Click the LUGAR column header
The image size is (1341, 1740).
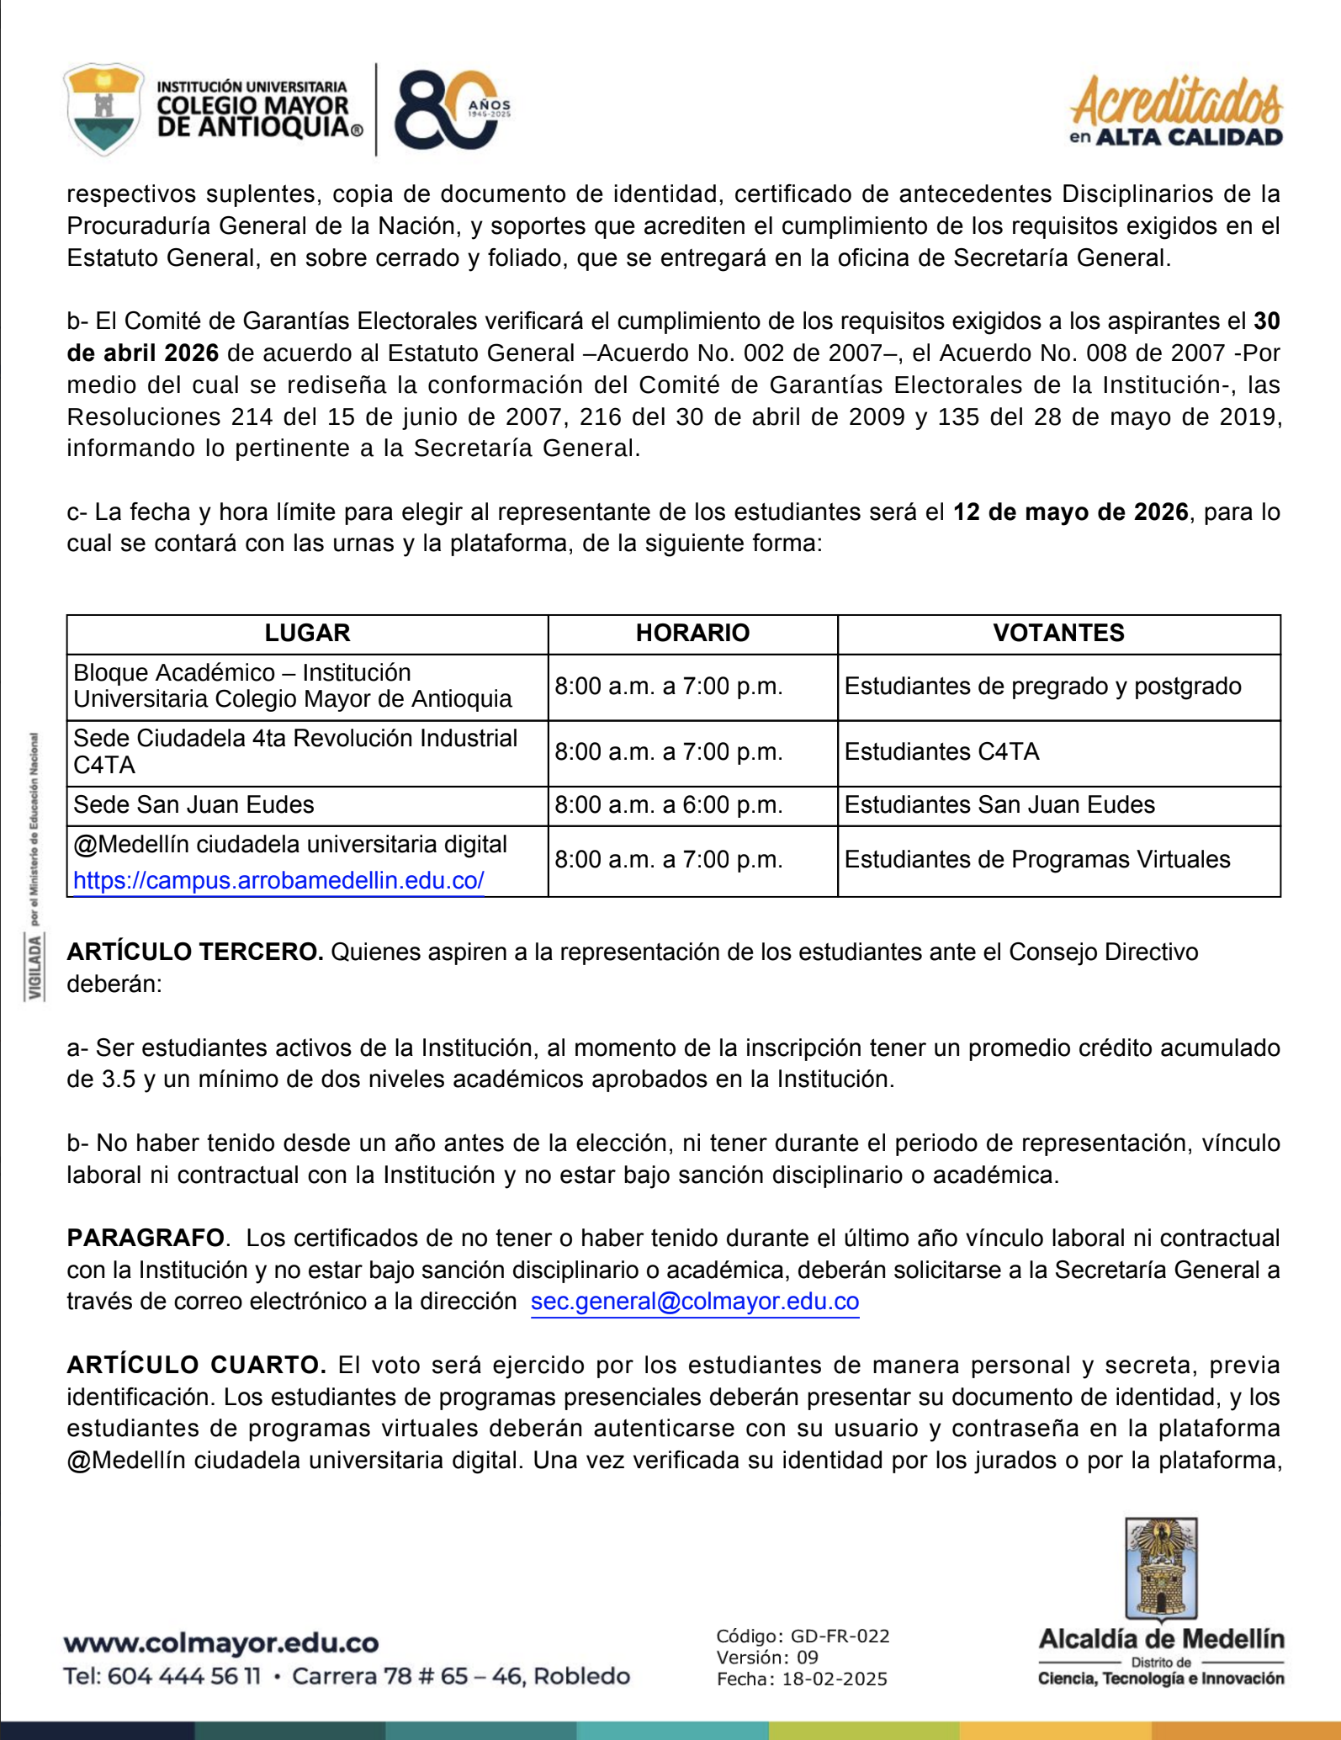coord(307,633)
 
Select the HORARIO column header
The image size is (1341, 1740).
coord(692,633)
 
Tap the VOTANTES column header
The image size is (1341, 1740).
coord(1058,633)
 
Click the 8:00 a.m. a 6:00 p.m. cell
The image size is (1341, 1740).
coord(669,805)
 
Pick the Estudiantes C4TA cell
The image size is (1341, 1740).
coord(941,752)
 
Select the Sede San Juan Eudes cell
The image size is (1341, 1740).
coord(193,805)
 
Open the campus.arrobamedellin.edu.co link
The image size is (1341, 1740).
coord(278,881)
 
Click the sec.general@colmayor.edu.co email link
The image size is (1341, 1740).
coord(695,1302)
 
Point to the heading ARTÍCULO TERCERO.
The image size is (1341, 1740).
coord(195,952)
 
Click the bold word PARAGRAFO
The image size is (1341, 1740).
coord(146,1239)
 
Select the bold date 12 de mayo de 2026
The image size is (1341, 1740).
coord(1070,512)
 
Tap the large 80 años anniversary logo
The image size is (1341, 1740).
coord(450,109)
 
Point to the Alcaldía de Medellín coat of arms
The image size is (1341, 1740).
coord(1161,1569)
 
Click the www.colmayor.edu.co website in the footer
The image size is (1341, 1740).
coord(221,1643)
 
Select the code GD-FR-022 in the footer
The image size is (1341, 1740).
coord(840,1637)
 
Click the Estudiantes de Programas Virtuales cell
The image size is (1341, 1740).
coord(1037,860)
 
